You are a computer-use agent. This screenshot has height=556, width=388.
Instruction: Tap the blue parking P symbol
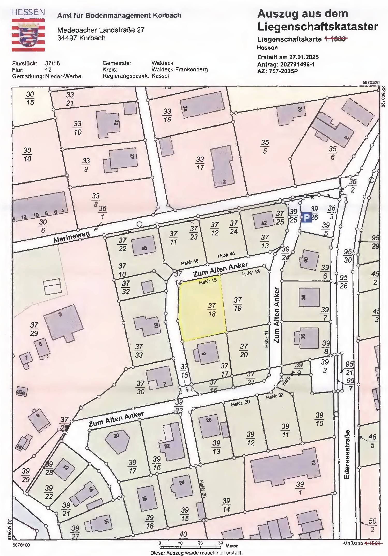pyautogui.click(x=306, y=218)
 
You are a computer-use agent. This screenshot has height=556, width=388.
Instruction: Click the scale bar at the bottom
pyautogui.click(x=190, y=547)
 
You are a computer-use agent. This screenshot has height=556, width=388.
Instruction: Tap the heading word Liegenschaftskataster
pyautogui.click(x=318, y=27)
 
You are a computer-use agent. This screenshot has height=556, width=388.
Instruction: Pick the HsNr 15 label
pyautogui.click(x=208, y=281)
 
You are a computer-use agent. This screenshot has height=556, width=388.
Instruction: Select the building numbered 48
pyautogui.click(x=144, y=247)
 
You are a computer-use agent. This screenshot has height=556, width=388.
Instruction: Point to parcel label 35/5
pyautogui.click(x=265, y=146)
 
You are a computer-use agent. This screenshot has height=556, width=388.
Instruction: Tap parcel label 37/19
pyautogui.click(x=238, y=304)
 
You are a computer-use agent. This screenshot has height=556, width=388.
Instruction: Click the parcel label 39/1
pyautogui.click(x=300, y=488)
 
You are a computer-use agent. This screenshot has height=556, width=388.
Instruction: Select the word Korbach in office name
pyautogui.click(x=167, y=15)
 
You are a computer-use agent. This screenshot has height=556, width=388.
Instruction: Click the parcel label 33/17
pyautogui.click(x=200, y=163)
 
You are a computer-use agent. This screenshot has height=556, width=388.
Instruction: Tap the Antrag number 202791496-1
pyautogui.click(x=297, y=64)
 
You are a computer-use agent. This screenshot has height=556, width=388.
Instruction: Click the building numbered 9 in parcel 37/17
pyautogui.click(x=206, y=353)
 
